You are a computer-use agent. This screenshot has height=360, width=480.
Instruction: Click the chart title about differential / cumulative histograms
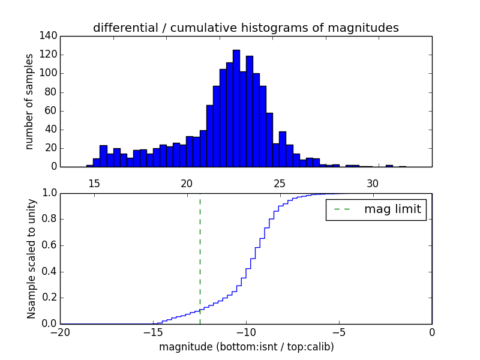(245, 28)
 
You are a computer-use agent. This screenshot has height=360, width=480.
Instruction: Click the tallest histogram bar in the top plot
(236, 108)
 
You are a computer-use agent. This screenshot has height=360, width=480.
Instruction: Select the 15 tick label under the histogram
(94, 183)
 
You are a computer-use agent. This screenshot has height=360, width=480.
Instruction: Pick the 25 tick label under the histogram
(280, 183)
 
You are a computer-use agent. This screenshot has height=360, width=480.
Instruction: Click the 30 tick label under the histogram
(373, 183)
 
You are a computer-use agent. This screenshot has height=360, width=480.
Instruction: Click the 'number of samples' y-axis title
(29, 101)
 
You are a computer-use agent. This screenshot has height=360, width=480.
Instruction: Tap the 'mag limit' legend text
(392, 210)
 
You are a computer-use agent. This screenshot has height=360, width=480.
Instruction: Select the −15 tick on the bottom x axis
(152, 331)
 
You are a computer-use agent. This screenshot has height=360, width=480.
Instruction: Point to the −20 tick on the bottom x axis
(59, 331)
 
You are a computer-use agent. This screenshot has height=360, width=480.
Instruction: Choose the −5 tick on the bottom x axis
(338, 331)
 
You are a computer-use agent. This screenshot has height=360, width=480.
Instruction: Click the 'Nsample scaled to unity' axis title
(32, 258)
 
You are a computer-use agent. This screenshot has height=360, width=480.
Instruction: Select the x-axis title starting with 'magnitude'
(246, 347)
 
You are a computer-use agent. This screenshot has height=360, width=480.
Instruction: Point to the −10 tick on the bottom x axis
(245, 331)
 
